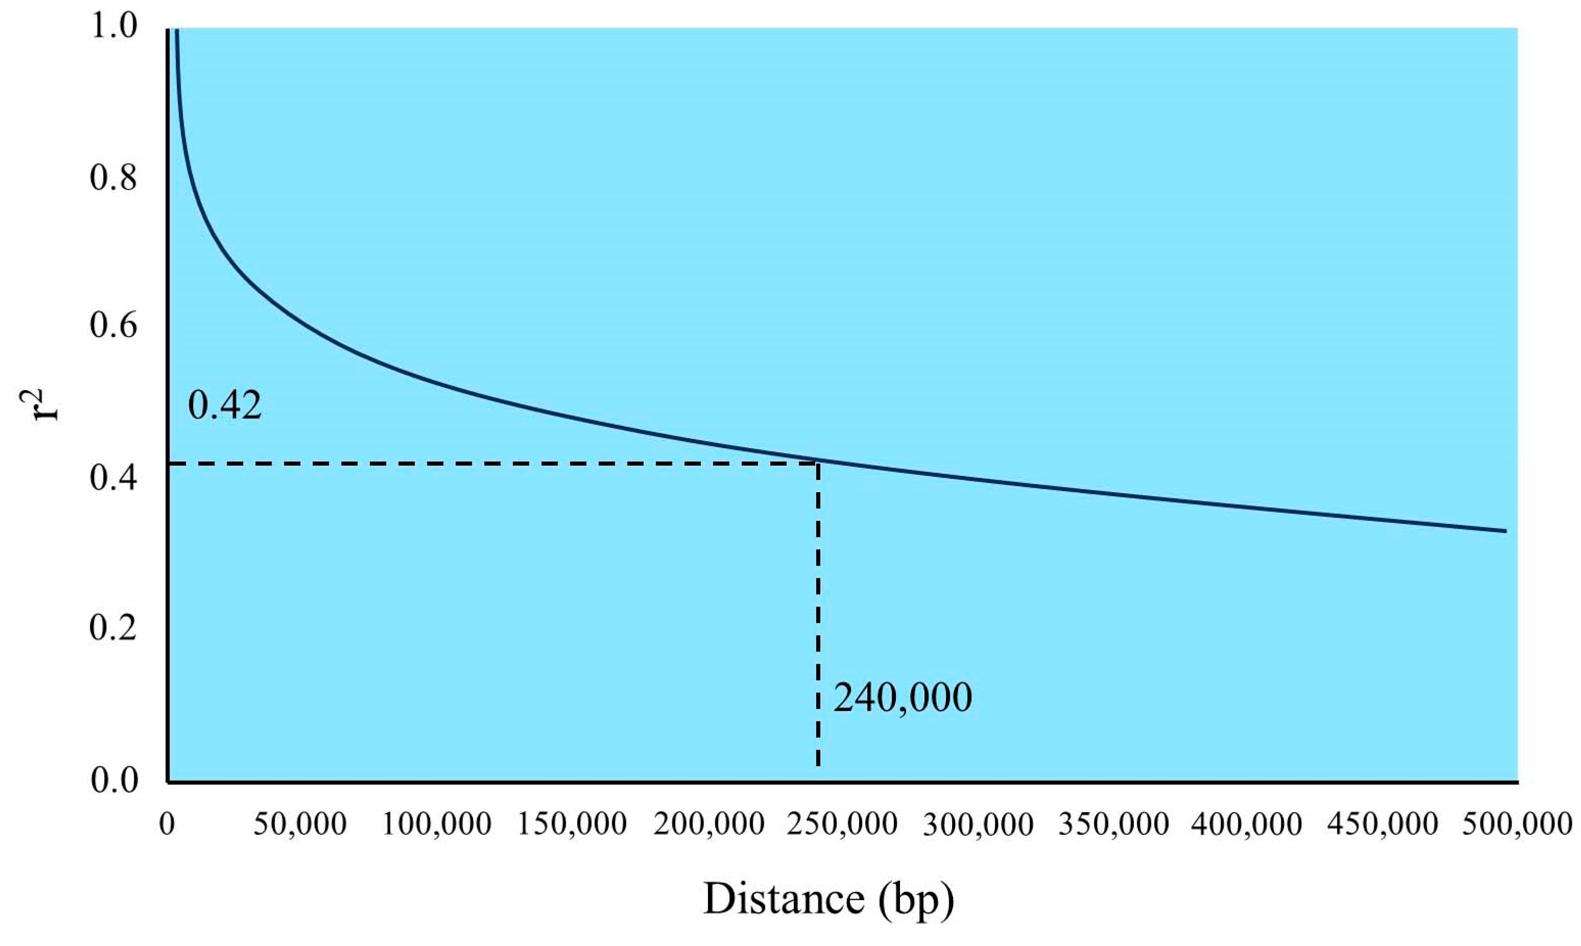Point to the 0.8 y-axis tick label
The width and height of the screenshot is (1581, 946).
point(113,178)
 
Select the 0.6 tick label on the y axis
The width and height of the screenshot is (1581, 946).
point(113,326)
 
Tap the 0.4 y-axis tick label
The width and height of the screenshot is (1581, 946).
point(113,478)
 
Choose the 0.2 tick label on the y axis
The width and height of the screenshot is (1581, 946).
point(113,628)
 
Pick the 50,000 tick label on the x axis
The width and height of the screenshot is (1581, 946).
point(300,824)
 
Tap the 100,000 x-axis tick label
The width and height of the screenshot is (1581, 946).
point(436,824)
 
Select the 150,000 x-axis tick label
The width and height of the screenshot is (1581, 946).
point(572,824)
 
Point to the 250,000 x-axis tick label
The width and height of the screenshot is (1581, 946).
point(842,824)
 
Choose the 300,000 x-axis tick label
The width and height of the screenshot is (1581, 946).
point(978,824)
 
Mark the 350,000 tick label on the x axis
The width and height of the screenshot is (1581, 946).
point(1114,824)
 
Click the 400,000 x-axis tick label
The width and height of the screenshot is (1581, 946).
point(1247,824)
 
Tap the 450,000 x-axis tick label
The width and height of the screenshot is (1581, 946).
point(1383,824)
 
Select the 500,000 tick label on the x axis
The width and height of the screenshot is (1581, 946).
point(1517,824)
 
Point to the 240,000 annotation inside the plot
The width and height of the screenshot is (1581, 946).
point(903,698)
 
